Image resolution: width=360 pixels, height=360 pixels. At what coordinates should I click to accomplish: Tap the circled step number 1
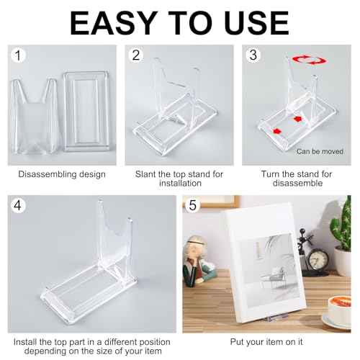[22, 56]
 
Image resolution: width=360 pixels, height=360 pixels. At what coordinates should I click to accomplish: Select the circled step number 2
[135, 56]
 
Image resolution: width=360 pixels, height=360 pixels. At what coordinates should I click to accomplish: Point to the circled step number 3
[252, 56]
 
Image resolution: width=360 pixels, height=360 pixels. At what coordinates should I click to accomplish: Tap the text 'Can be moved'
[319, 151]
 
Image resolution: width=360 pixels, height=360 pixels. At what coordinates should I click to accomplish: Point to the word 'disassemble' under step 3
[296, 184]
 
